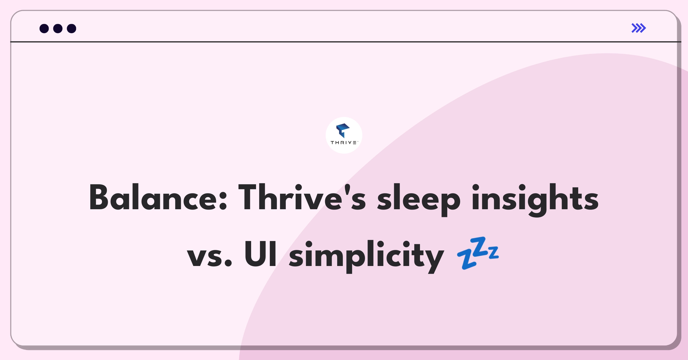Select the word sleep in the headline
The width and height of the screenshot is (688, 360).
point(419,199)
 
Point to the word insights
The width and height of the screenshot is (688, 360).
point(535,199)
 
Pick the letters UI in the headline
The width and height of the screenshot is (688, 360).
point(261,254)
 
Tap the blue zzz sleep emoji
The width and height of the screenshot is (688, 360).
point(478,253)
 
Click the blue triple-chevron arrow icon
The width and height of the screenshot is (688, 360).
point(639,28)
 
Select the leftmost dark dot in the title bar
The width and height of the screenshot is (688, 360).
point(44,28)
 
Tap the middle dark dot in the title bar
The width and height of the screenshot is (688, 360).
point(58,28)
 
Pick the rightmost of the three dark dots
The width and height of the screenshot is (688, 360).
point(72,28)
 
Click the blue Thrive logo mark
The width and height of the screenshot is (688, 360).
point(343,130)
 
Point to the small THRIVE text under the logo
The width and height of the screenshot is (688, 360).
point(344,142)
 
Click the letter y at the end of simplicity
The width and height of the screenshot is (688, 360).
point(433,260)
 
